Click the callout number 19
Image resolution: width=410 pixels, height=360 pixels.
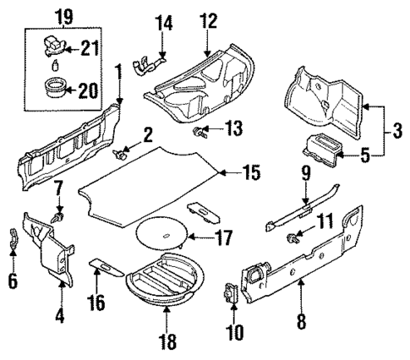(x=63, y=15)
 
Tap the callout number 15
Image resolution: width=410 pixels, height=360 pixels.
(x=247, y=175)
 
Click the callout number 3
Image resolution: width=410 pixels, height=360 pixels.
(x=393, y=132)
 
